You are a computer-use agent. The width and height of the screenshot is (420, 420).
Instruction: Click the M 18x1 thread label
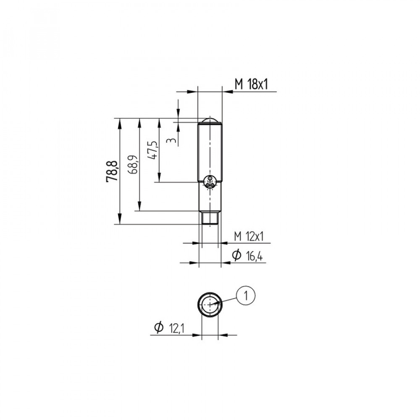(251, 84)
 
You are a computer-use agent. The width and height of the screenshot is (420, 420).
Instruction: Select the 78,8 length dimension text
(112, 172)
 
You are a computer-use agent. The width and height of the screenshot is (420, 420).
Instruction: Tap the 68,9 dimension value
(134, 164)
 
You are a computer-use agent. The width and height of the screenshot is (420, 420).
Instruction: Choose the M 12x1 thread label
(249, 236)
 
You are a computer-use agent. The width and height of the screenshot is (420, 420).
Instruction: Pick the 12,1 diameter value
(176, 328)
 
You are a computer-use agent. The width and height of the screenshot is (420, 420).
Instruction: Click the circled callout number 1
(246, 295)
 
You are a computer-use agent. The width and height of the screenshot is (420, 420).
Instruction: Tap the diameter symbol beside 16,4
(236, 255)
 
